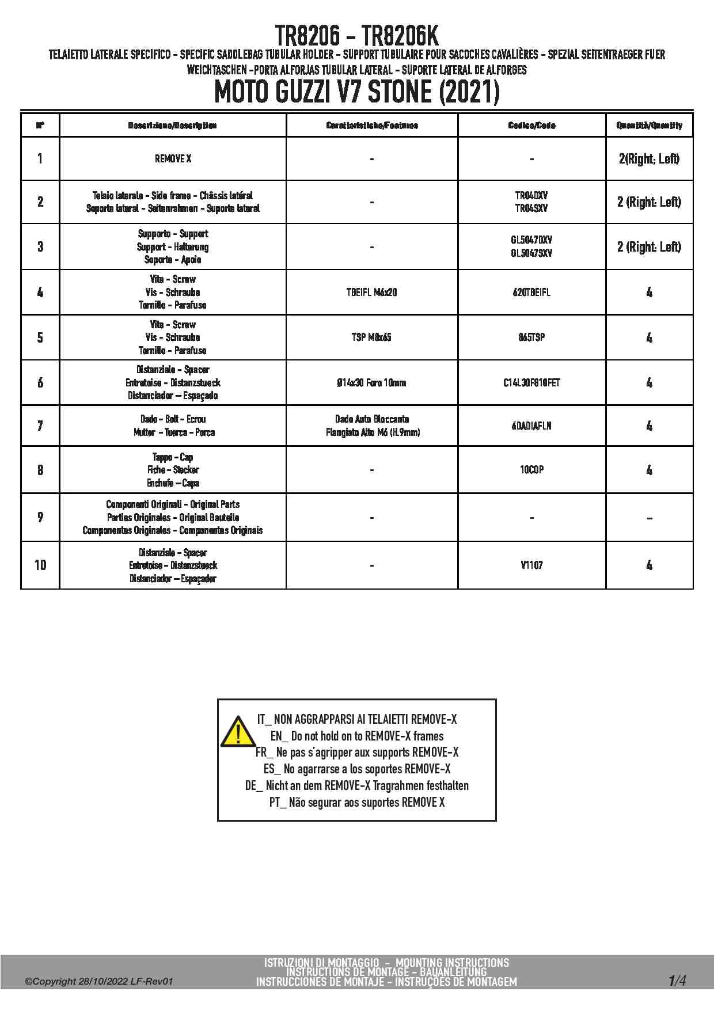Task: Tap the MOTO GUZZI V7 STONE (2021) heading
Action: coord(356,92)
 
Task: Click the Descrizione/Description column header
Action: coord(172,126)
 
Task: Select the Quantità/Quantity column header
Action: coord(649,126)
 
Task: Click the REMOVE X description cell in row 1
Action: coord(173,159)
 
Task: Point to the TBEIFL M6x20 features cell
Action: coord(371,293)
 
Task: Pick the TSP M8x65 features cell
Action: coord(371,337)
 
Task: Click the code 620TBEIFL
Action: coord(531,293)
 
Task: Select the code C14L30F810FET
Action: coord(531,383)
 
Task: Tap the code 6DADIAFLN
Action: coord(531,426)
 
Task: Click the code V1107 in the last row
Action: coord(531,565)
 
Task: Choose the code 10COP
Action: coord(531,470)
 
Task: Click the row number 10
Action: coord(40,565)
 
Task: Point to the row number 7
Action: coord(40,426)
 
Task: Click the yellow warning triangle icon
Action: coord(237,731)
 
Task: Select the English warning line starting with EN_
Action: coord(357,736)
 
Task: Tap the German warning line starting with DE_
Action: coord(357,786)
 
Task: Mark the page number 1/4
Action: coord(677,980)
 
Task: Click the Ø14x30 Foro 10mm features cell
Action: coord(371,383)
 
